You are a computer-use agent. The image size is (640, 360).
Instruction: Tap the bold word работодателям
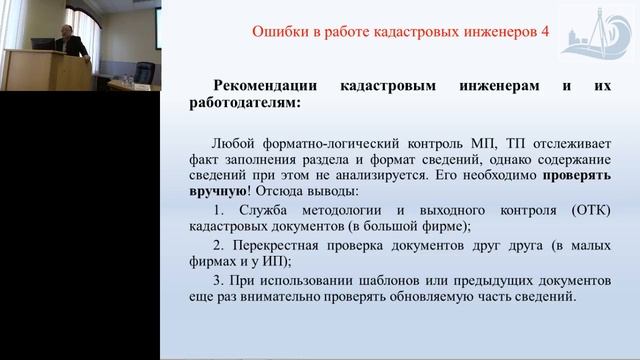point(241,102)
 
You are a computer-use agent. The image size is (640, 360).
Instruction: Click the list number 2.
point(219,247)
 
